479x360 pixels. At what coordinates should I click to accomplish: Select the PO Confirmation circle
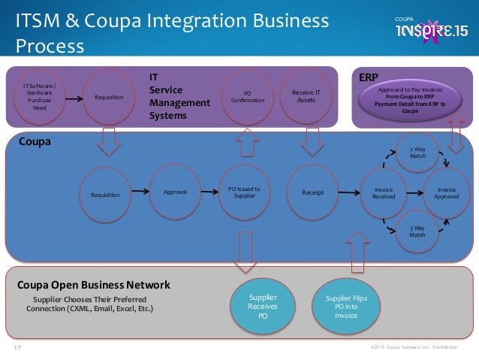point(243,96)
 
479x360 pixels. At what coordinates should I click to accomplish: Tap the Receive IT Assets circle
point(306,95)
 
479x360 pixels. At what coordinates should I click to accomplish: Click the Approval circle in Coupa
point(176,192)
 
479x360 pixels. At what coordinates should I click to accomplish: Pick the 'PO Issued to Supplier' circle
point(244,192)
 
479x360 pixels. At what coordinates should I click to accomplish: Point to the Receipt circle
point(312,192)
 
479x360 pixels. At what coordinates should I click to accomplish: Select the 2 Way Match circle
point(417,153)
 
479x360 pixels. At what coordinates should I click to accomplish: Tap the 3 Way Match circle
point(417,231)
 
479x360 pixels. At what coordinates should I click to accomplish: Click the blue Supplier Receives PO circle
point(262,307)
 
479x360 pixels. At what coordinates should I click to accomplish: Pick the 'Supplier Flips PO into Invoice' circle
point(346,307)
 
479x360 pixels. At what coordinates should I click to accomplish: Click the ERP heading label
point(368,77)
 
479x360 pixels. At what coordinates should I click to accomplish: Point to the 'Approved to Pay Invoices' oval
point(411,99)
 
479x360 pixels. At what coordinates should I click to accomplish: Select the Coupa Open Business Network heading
point(93,286)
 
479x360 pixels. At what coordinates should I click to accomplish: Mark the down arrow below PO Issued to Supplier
point(244,252)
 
